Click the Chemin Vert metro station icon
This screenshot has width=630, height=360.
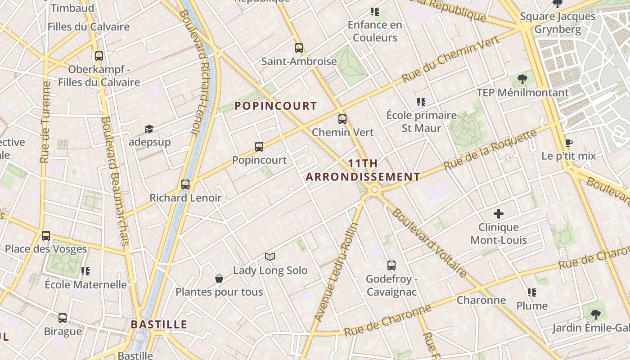(342, 119)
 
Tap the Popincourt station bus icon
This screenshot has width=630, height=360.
(259, 146)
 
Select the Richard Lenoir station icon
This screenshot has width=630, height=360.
(185, 184)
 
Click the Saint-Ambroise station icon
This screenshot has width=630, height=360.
(299, 48)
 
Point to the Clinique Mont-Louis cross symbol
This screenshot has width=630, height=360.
(499, 214)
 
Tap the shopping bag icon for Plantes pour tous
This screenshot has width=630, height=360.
(219, 279)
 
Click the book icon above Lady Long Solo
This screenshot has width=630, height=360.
(270, 256)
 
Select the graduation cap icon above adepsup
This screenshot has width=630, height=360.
(149, 129)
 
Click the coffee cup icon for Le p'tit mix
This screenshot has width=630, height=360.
(568, 143)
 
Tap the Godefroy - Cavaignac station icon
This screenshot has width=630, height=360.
(391, 265)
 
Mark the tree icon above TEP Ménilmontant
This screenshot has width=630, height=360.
(522, 80)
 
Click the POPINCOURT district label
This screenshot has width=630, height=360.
(276, 106)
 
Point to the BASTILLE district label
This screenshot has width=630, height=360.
(159, 324)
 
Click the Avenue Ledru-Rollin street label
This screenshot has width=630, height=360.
(335, 272)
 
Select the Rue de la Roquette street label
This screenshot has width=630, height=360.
(490, 149)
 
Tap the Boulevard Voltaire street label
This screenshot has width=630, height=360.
(429, 243)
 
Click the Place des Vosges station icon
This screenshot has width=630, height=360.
(46, 235)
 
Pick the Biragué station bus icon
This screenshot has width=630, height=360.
(63, 318)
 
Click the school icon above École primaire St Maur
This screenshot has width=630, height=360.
(421, 102)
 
